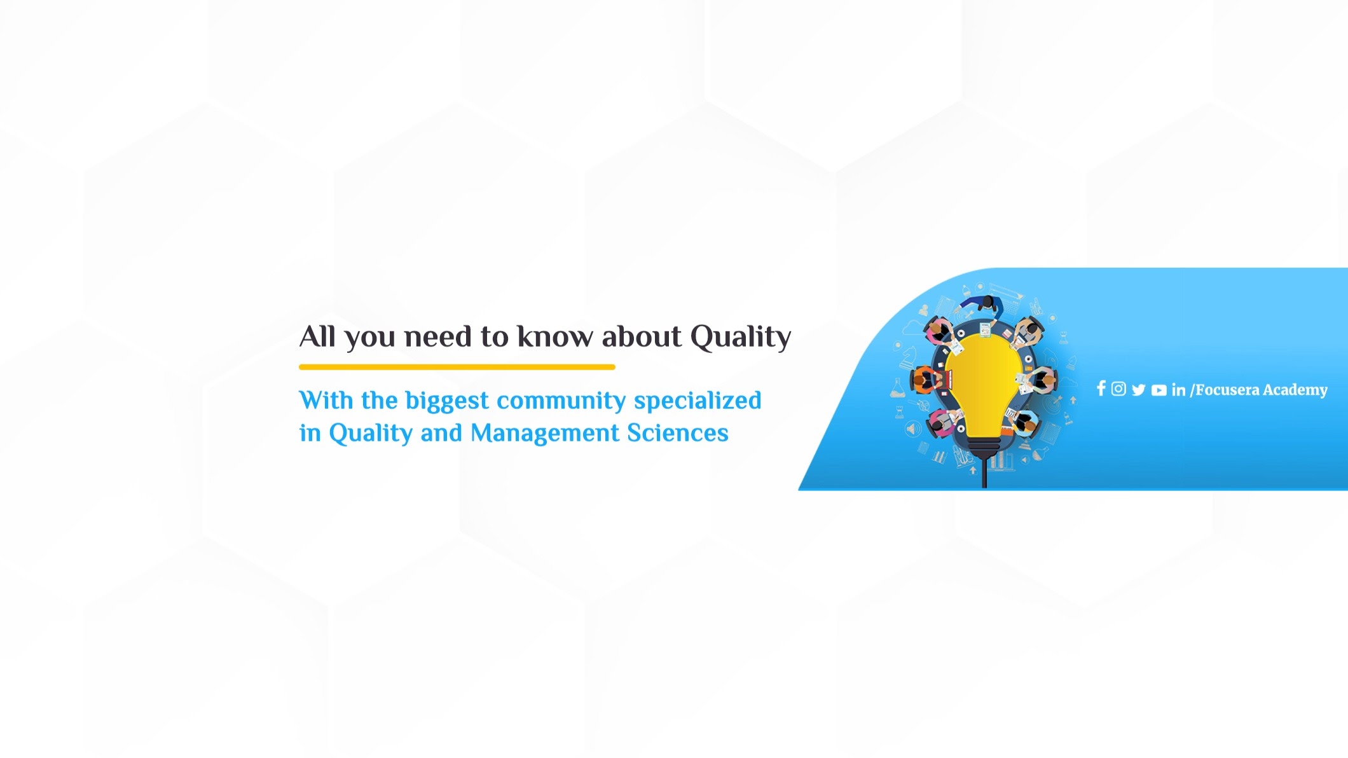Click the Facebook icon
(x=1101, y=389)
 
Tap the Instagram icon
(x=1118, y=389)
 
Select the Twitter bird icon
(x=1138, y=390)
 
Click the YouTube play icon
(x=1159, y=390)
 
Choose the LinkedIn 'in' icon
(x=1178, y=390)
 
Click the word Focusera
(x=1227, y=390)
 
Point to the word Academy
(x=1295, y=390)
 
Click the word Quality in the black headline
(x=741, y=337)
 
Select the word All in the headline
(x=317, y=336)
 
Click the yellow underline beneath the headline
(x=457, y=367)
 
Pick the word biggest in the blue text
(x=448, y=401)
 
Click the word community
(x=561, y=401)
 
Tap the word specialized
(x=698, y=401)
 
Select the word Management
(x=545, y=434)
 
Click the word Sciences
(x=678, y=433)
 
